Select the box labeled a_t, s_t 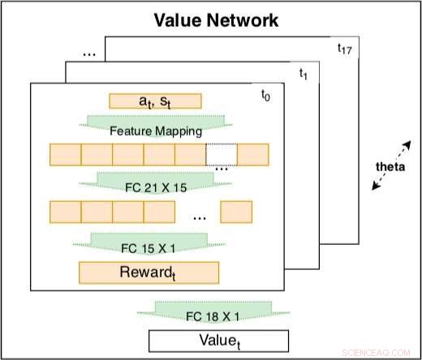pyautogui.click(x=154, y=102)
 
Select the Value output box pyautogui.click(x=217, y=341)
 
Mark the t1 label pyautogui.click(x=304, y=74)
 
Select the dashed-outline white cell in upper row pyautogui.click(x=222, y=154)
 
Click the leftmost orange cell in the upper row pyautogui.click(x=65, y=154)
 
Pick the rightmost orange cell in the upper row pyautogui.click(x=252, y=154)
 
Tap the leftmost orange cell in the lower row pyautogui.click(x=65, y=212)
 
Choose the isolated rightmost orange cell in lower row pyautogui.click(x=236, y=212)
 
